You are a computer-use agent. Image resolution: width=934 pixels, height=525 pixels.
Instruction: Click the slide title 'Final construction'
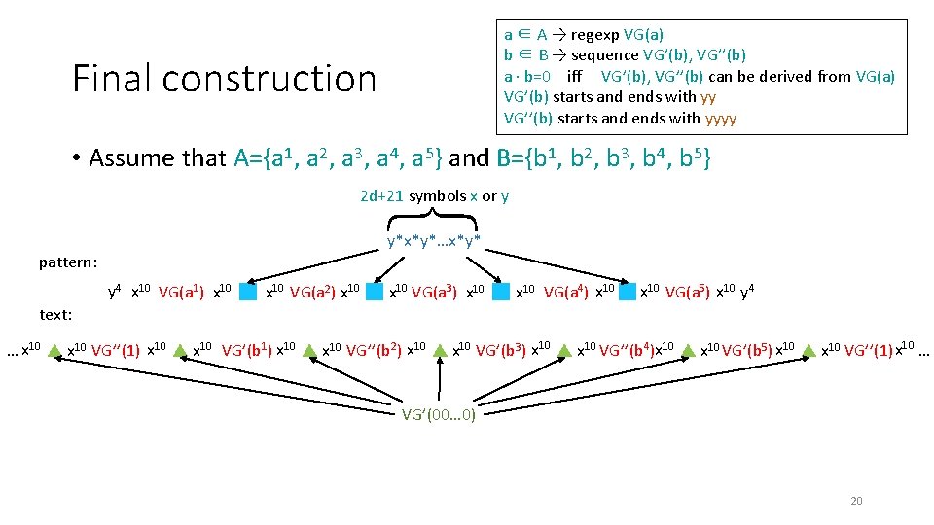[224, 79]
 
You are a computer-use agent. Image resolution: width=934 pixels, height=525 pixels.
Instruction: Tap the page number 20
[856, 501]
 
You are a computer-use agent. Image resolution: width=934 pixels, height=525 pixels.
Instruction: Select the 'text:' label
[55, 314]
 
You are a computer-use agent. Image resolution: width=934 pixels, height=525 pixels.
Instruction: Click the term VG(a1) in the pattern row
[182, 291]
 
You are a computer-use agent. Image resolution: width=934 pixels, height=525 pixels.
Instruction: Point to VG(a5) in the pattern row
[689, 291]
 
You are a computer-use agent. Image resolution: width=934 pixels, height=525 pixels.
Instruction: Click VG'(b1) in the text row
[248, 349]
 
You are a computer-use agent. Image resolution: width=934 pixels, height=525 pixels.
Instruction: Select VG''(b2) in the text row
[376, 349]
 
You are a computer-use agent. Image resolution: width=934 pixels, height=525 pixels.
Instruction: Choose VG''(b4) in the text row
[627, 349]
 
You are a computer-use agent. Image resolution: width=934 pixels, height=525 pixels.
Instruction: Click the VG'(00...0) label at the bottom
[439, 414]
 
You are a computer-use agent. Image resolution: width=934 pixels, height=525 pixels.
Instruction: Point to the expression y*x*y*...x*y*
[434, 240]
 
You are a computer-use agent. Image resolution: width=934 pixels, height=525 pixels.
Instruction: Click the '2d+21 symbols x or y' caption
[434, 196]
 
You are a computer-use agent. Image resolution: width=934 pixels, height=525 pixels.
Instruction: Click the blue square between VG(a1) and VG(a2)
[249, 291]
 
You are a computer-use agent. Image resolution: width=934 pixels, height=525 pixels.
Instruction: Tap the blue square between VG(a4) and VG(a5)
[628, 291]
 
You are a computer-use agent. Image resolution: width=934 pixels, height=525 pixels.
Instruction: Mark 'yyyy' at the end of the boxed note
[721, 119]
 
